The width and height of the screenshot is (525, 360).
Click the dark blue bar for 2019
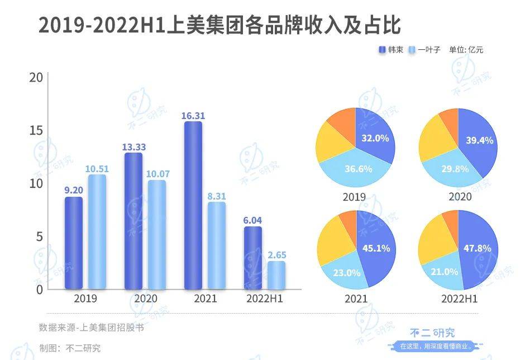73,243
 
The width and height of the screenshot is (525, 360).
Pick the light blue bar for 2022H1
276,275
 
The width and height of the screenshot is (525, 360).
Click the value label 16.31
193,116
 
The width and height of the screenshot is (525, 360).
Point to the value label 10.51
97,169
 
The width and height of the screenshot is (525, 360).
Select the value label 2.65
276,255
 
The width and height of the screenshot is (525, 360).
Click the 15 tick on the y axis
36,130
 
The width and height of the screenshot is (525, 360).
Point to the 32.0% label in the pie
375,138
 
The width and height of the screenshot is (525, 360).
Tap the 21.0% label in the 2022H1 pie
445,272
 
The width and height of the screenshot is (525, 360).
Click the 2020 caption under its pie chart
460,197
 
